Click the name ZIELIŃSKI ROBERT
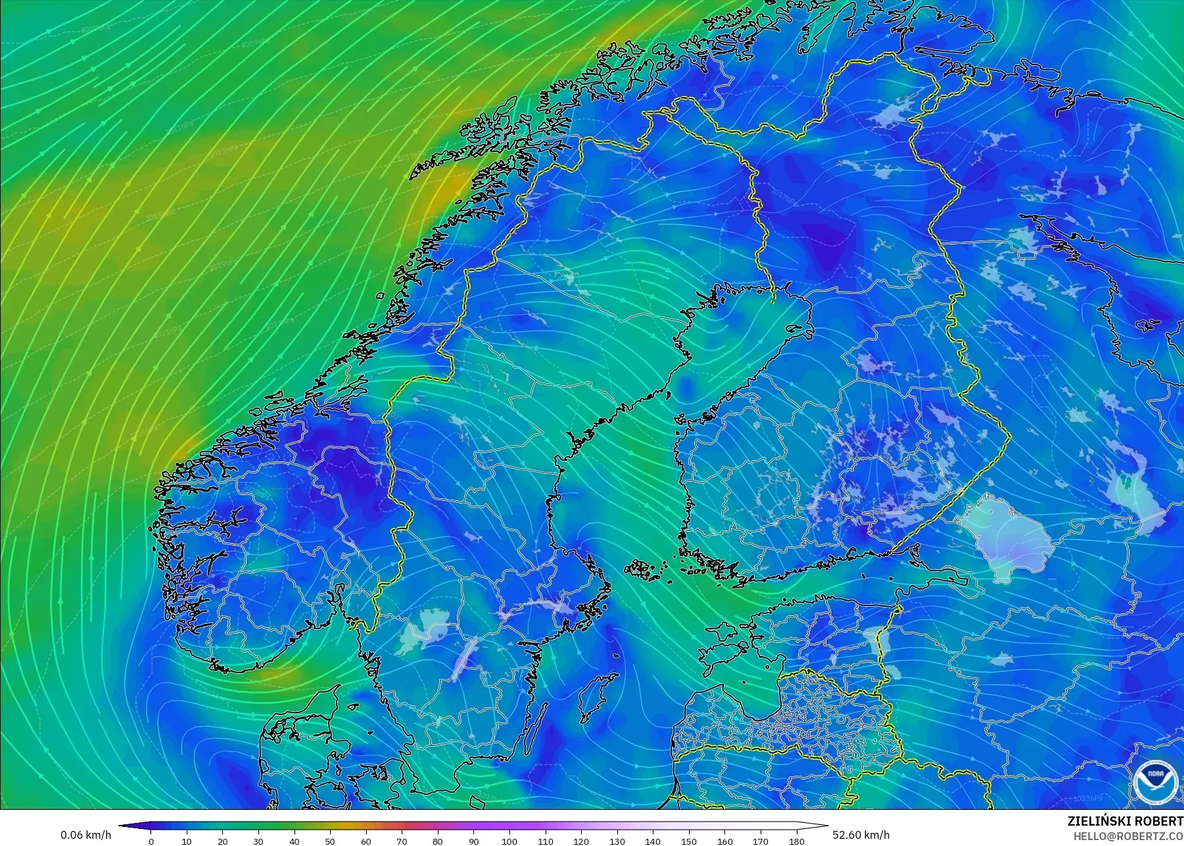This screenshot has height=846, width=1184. (1125, 821)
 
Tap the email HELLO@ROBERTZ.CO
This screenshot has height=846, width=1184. (1129, 836)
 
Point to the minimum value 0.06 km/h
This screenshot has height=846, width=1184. (86, 835)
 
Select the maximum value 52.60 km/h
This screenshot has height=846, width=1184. (861, 835)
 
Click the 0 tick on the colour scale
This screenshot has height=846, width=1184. (151, 841)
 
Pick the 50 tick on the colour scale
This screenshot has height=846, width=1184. (330, 841)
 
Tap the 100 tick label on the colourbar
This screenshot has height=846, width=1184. (509, 841)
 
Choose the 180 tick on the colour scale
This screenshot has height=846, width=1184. (796, 841)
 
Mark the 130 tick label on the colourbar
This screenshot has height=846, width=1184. (617, 841)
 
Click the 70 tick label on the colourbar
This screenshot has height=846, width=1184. (402, 841)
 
